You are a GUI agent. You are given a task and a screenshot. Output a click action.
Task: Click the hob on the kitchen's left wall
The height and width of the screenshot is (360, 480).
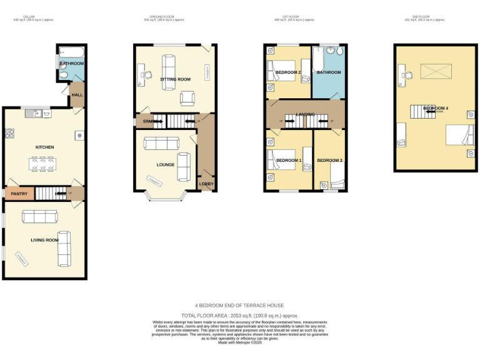(x=10, y=133)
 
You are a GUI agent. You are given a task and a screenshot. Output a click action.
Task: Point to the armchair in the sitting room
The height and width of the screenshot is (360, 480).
(x=187, y=97)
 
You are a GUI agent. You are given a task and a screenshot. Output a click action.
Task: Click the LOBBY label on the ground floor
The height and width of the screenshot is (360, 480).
(x=206, y=184)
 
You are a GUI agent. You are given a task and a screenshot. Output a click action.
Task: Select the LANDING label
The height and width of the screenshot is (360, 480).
(x=305, y=114)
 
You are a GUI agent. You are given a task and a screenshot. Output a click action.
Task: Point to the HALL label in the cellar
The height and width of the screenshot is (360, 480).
(x=77, y=95)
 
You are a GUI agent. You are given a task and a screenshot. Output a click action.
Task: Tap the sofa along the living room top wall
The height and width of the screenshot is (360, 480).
(x=40, y=217)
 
